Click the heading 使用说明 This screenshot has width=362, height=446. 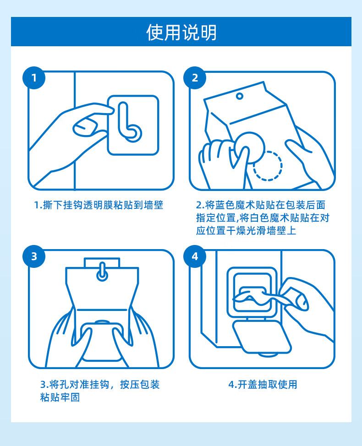[181, 32]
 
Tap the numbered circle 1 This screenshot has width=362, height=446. [34, 78]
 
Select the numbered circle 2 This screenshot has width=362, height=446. [195, 78]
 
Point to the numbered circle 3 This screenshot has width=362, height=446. [34, 256]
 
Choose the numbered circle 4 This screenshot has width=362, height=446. [195, 256]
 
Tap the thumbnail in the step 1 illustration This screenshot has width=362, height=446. [85, 127]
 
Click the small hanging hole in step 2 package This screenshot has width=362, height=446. [240, 96]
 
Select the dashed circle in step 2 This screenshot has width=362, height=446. [268, 166]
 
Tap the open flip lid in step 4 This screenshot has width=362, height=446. [262, 337]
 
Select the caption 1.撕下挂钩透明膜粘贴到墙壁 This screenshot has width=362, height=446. [99, 205]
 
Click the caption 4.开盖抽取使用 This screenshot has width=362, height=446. [263, 385]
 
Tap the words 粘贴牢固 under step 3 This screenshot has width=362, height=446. [60, 397]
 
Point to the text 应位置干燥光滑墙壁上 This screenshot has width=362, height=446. [246, 230]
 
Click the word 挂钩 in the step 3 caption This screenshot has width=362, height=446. [99, 385]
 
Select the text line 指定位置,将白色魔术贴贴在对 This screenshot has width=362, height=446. [263, 218]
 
